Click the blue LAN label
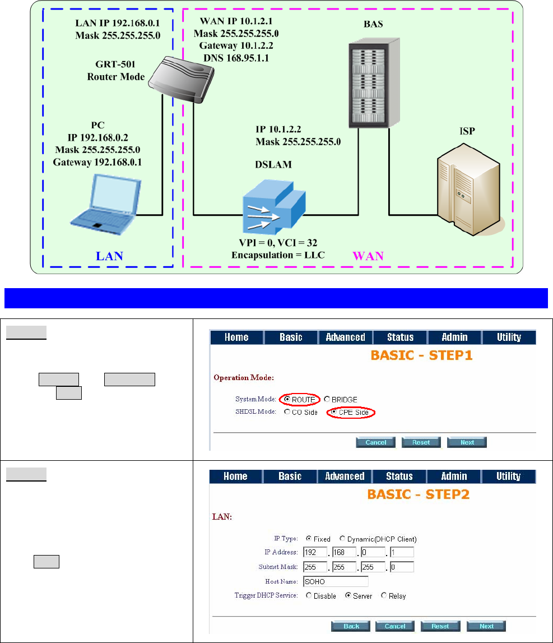[109, 256]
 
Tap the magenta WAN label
[368, 256]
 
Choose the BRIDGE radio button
[327, 400]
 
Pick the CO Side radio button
[287, 412]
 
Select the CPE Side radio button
[334, 412]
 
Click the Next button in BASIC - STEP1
[467, 442]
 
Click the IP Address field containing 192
[314, 552]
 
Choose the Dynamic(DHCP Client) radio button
[343, 539]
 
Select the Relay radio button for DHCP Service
[384, 596]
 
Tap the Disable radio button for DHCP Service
[309, 596]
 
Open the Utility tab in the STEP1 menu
[508, 337]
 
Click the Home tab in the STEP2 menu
[235, 477]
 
